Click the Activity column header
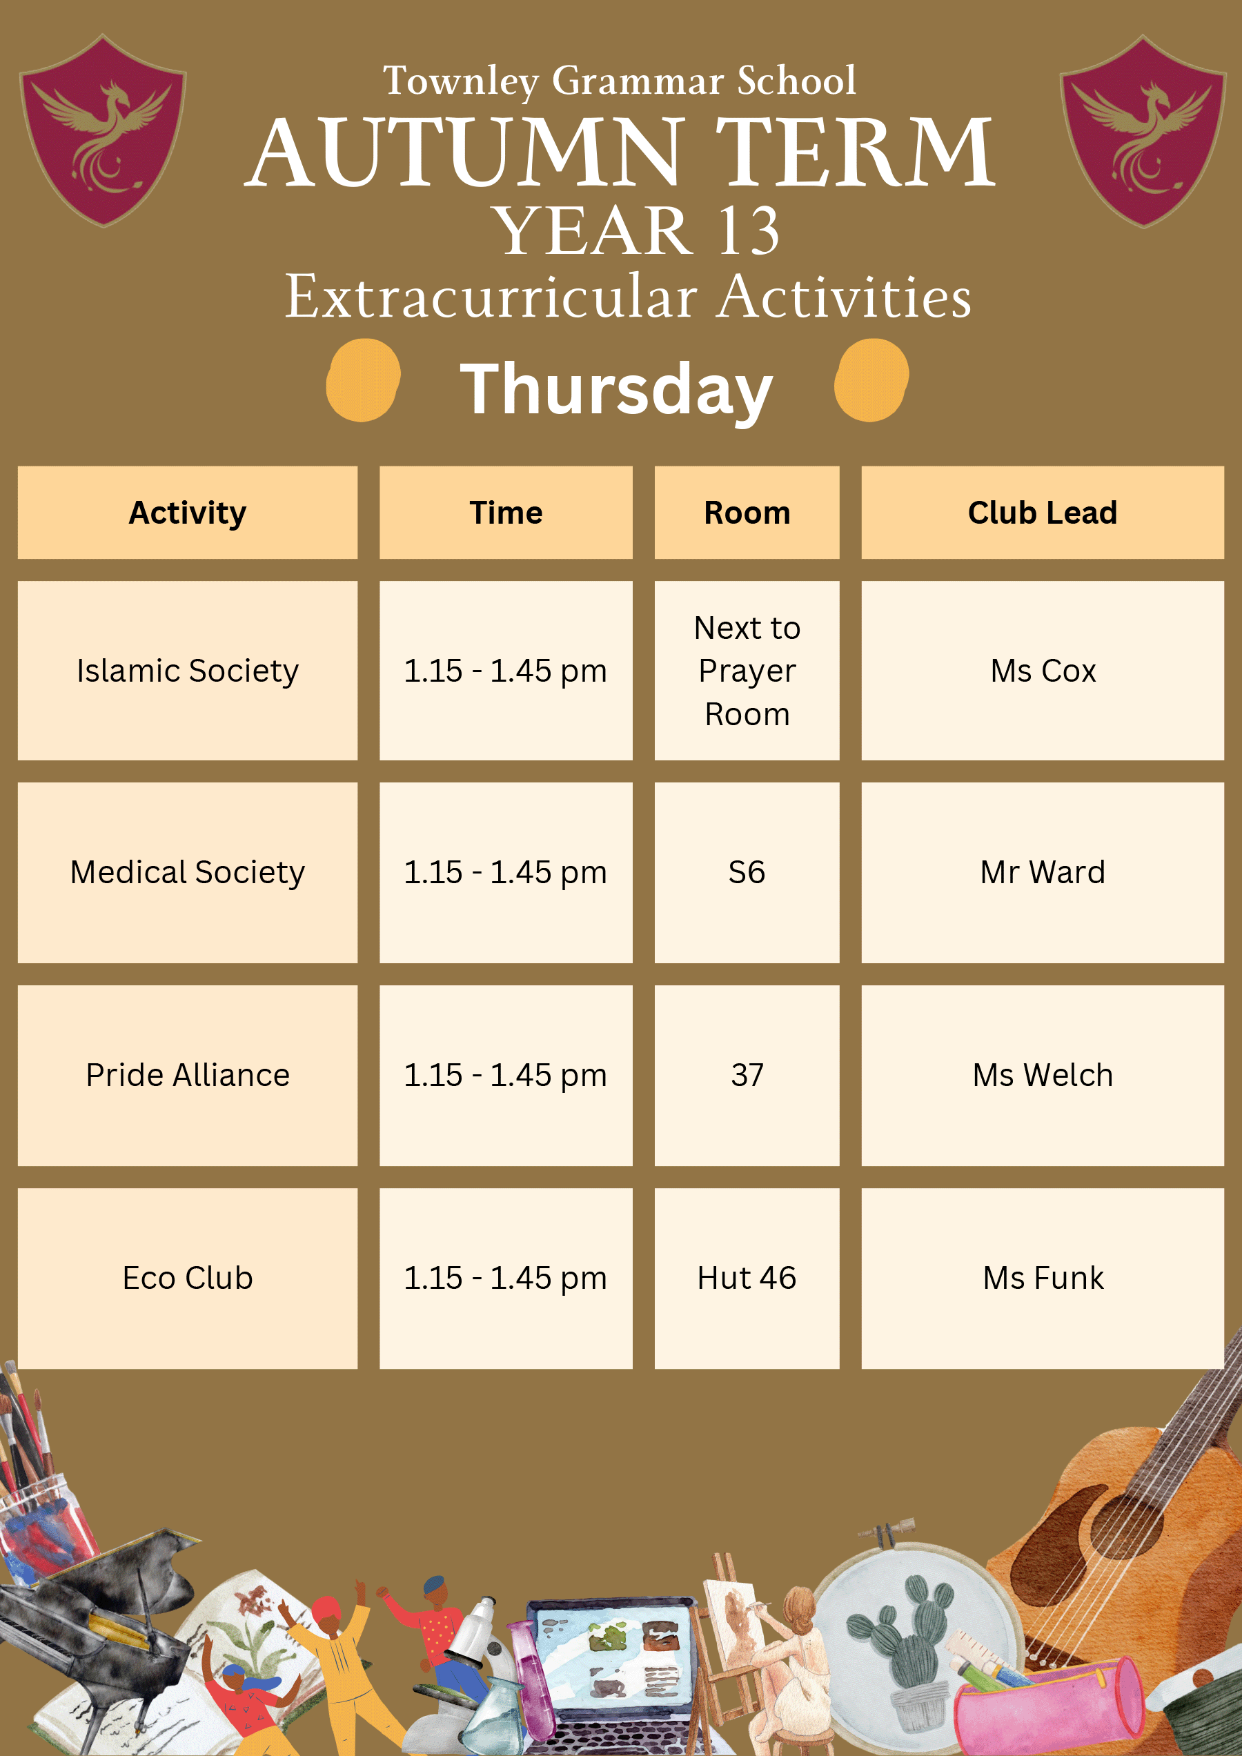pyautogui.click(x=188, y=513)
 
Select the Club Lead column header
pyautogui.click(x=1043, y=513)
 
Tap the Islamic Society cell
pyautogui.click(x=188, y=671)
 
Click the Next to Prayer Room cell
pyautogui.click(x=747, y=671)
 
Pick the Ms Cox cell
pyautogui.click(x=1043, y=671)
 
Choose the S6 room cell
pyautogui.click(x=747, y=873)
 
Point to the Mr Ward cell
pyautogui.click(x=1043, y=873)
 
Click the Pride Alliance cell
pyautogui.click(x=188, y=1075)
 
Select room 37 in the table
pyautogui.click(x=747, y=1075)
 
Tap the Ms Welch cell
pyautogui.click(x=1043, y=1075)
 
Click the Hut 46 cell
pyautogui.click(x=747, y=1278)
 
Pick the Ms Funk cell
pyautogui.click(x=1043, y=1278)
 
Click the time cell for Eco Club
pyautogui.click(x=506, y=1278)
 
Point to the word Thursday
pyautogui.click(x=616, y=390)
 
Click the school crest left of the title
pyautogui.click(x=103, y=130)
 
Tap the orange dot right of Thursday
pyautogui.click(x=871, y=380)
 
